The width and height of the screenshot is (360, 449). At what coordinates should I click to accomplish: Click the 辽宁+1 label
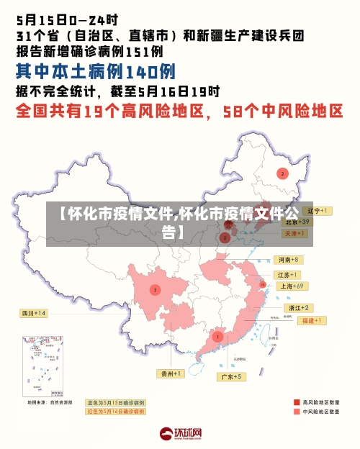coord(316,211)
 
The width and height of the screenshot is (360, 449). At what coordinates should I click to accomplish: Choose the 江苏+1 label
coord(287,275)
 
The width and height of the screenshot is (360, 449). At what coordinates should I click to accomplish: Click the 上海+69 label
coord(292,286)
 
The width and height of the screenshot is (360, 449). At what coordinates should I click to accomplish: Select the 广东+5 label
coord(233,376)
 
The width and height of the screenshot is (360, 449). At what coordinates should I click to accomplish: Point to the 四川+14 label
coord(34,314)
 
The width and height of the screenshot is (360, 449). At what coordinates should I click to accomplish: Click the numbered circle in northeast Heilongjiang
coord(283,173)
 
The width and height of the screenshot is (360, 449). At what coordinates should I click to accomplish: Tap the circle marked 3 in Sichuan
coord(155,289)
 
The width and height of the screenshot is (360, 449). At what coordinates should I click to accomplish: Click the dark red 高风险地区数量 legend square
coord(297,402)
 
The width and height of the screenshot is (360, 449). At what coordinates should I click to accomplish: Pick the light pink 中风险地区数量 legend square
coord(297,412)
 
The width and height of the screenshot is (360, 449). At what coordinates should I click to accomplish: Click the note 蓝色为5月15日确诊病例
coord(115,403)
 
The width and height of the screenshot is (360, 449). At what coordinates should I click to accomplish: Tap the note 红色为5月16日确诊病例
coord(115,412)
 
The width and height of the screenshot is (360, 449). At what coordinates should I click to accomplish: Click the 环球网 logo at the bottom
coord(180,434)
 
